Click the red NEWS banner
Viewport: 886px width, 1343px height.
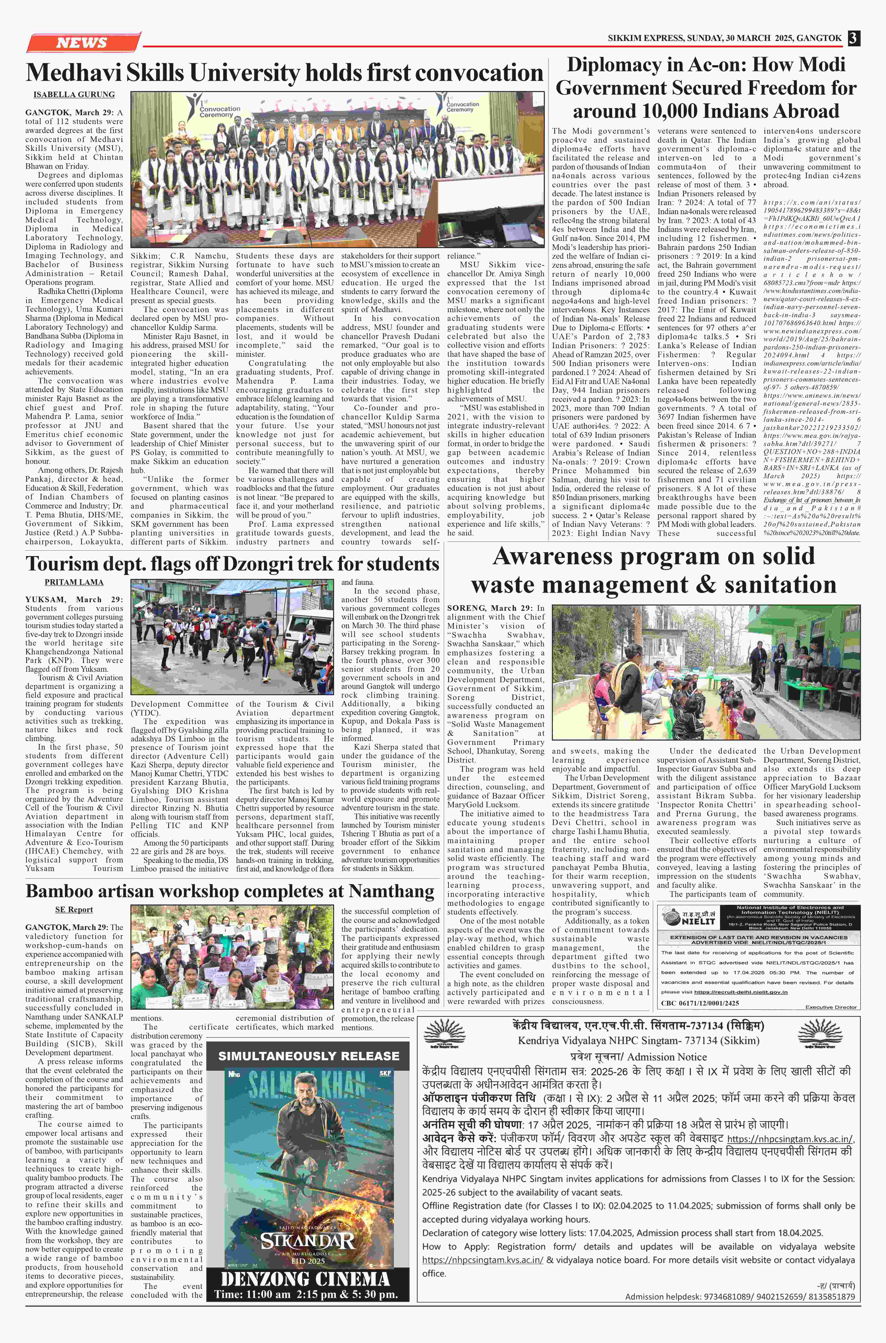[x=82, y=42]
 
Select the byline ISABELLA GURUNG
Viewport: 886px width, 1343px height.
[x=74, y=94]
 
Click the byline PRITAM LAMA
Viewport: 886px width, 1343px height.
[x=74, y=582]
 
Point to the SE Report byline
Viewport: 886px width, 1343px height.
[x=74, y=909]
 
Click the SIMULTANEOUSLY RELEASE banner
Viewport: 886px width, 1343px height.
[x=309, y=1056]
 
